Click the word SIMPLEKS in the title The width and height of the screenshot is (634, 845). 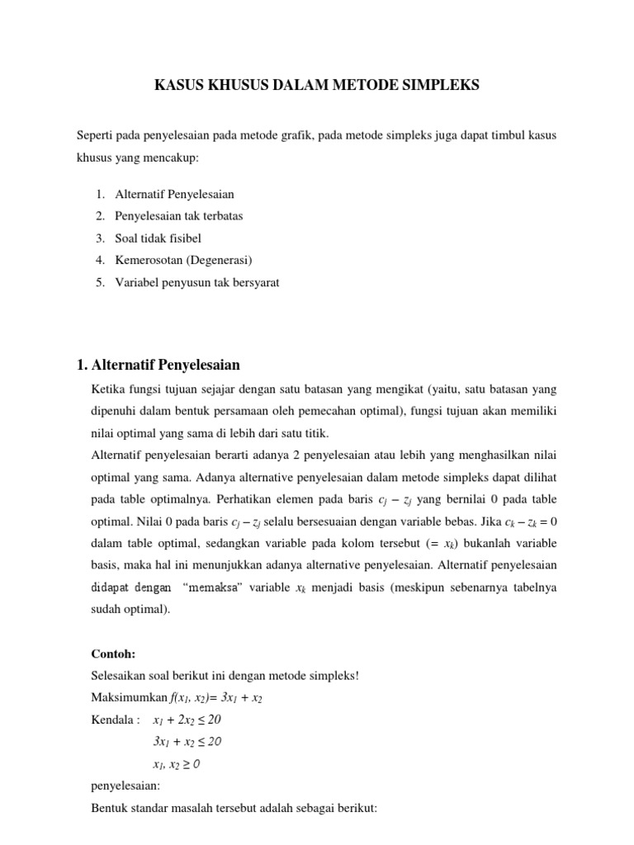pos(443,85)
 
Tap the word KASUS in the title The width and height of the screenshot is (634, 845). pos(180,85)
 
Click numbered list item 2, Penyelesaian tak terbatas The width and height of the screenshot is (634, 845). pos(178,216)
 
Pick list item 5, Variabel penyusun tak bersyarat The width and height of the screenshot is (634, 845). pos(197,283)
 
